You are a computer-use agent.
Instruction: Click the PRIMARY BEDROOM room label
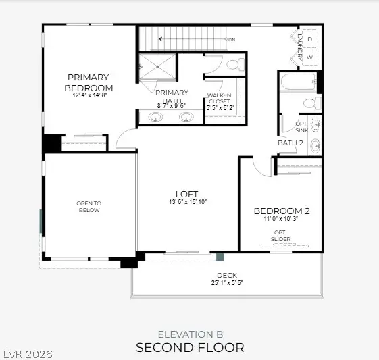click(x=89, y=83)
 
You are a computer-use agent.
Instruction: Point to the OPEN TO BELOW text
click(x=88, y=207)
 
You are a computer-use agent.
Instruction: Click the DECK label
click(x=226, y=275)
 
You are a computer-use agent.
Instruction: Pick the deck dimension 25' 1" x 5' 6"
click(x=226, y=283)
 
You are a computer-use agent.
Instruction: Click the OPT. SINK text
click(x=301, y=126)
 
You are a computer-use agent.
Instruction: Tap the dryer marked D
click(x=309, y=40)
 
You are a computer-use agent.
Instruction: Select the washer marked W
click(x=309, y=57)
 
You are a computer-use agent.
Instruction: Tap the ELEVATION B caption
click(x=190, y=334)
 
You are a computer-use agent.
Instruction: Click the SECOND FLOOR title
click(x=190, y=348)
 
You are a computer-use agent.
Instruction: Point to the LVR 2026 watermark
click(x=28, y=354)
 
